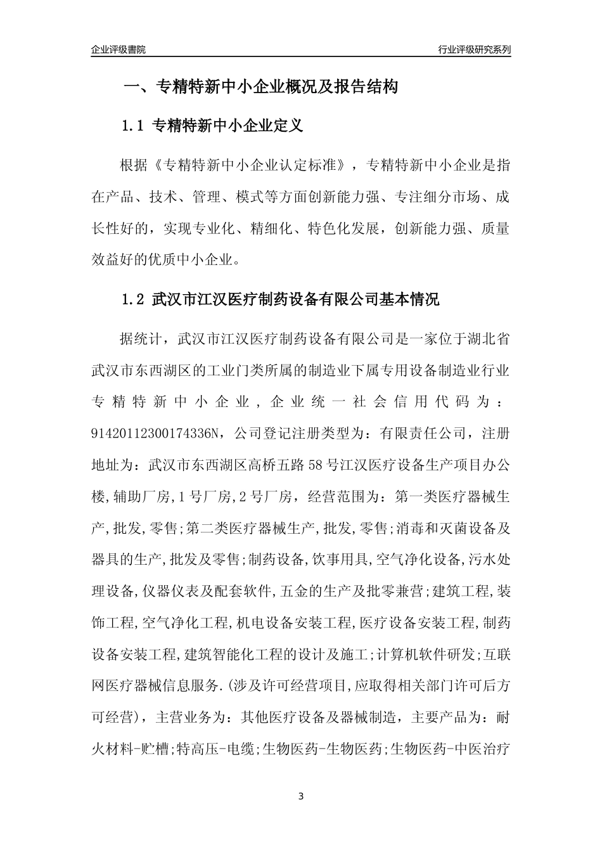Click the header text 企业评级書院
[x=118, y=49]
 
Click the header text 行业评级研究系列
[x=474, y=49]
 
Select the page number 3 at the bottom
[x=301, y=796]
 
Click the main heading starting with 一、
[x=260, y=87]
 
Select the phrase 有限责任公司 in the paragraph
[x=423, y=434]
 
